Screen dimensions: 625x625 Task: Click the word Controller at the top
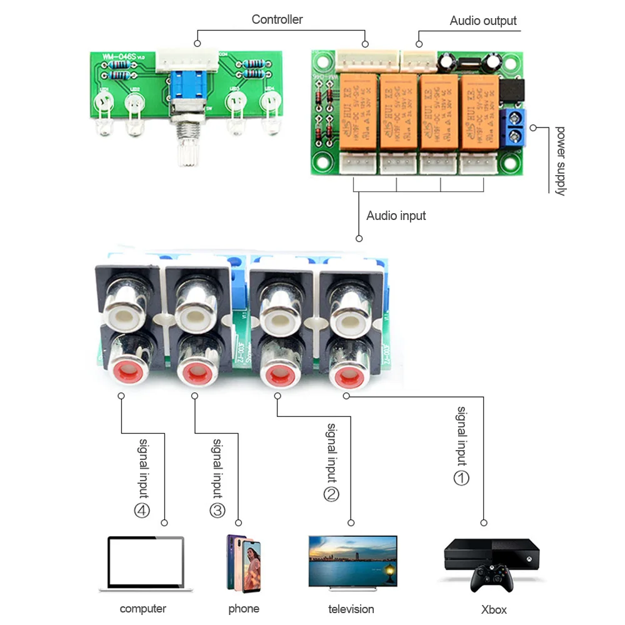click(277, 19)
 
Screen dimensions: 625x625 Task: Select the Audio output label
click(483, 21)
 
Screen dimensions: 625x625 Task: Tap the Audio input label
click(396, 216)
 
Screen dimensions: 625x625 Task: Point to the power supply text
click(560, 161)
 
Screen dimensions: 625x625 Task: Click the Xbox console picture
click(491, 553)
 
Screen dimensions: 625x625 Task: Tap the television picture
click(352, 561)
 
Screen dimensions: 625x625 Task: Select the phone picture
click(244, 563)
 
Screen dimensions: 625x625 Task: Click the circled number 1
click(461, 478)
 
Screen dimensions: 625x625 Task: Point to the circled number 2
click(331, 494)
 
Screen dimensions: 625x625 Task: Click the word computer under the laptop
click(143, 609)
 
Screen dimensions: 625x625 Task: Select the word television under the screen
click(351, 609)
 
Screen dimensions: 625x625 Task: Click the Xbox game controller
click(492, 578)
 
